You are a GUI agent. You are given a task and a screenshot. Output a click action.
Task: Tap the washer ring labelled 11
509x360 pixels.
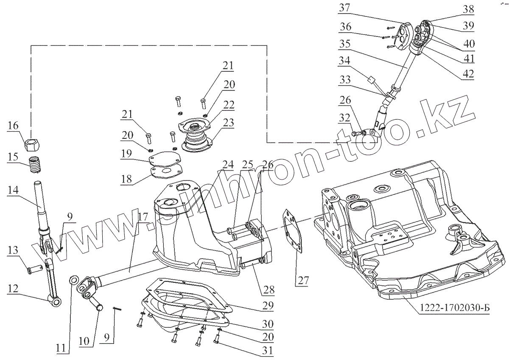74,279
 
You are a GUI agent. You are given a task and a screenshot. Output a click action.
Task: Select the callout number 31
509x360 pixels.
268,351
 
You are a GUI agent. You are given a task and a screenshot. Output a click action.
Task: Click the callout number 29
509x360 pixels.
268,305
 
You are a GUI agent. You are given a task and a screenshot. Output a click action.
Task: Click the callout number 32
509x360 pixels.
344,118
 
